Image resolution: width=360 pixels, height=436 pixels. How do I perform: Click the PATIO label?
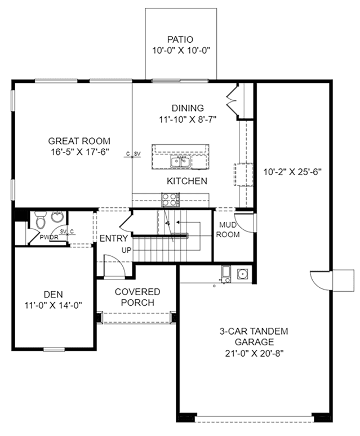(x=180, y=39)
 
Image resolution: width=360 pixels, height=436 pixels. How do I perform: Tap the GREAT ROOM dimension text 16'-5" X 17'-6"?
(x=79, y=152)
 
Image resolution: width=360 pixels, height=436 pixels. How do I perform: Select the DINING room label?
(x=188, y=108)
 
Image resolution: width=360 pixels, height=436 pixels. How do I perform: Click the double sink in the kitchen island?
(x=180, y=162)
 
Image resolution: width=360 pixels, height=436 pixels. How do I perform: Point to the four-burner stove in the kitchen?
(x=170, y=199)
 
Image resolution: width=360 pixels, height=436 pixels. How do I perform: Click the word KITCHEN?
(x=187, y=181)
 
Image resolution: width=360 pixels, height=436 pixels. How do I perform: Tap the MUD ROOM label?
(x=228, y=230)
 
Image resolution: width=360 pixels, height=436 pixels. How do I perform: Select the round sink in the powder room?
(x=57, y=217)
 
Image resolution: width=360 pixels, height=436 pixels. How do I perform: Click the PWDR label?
(x=49, y=238)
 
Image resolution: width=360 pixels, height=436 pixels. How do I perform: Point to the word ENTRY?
(x=114, y=238)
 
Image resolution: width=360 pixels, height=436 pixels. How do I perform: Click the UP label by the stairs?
(x=127, y=250)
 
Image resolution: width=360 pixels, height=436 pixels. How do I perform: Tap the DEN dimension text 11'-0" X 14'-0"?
(x=53, y=305)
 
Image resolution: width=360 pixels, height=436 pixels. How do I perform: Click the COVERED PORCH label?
(x=137, y=297)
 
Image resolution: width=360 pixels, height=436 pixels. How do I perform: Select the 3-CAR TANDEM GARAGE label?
(x=254, y=336)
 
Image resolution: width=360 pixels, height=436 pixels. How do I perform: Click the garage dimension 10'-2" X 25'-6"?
(x=292, y=172)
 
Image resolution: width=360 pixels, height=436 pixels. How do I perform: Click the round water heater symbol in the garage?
(x=243, y=274)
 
